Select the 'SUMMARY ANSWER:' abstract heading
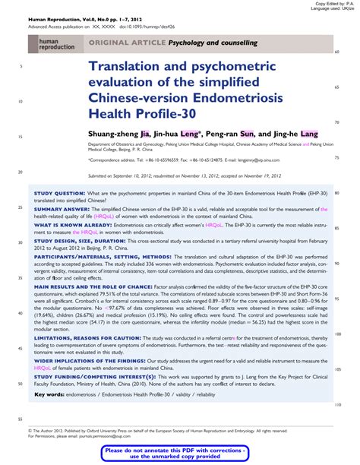[x=61, y=208]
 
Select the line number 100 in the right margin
[x=337, y=334]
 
